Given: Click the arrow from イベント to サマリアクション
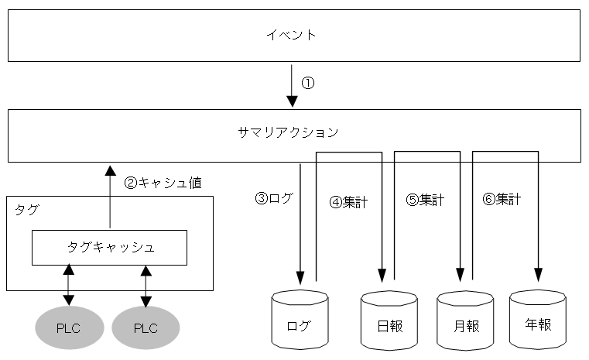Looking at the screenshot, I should (x=292, y=85).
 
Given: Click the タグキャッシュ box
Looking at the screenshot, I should (x=109, y=247).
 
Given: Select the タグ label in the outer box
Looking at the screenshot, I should (x=26, y=209).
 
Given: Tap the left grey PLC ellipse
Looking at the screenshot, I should (x=68, y=327).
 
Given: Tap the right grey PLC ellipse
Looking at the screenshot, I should (x=146, y=327).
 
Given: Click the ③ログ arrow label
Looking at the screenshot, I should (x=274, y=197).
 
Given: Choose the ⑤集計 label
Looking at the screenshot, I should (x=425, y=200).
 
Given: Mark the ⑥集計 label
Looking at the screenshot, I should (x=501, y=199).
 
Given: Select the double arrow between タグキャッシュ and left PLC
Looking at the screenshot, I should (x=69, y=286).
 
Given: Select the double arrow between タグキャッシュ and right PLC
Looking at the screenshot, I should (x=146, y=286).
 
